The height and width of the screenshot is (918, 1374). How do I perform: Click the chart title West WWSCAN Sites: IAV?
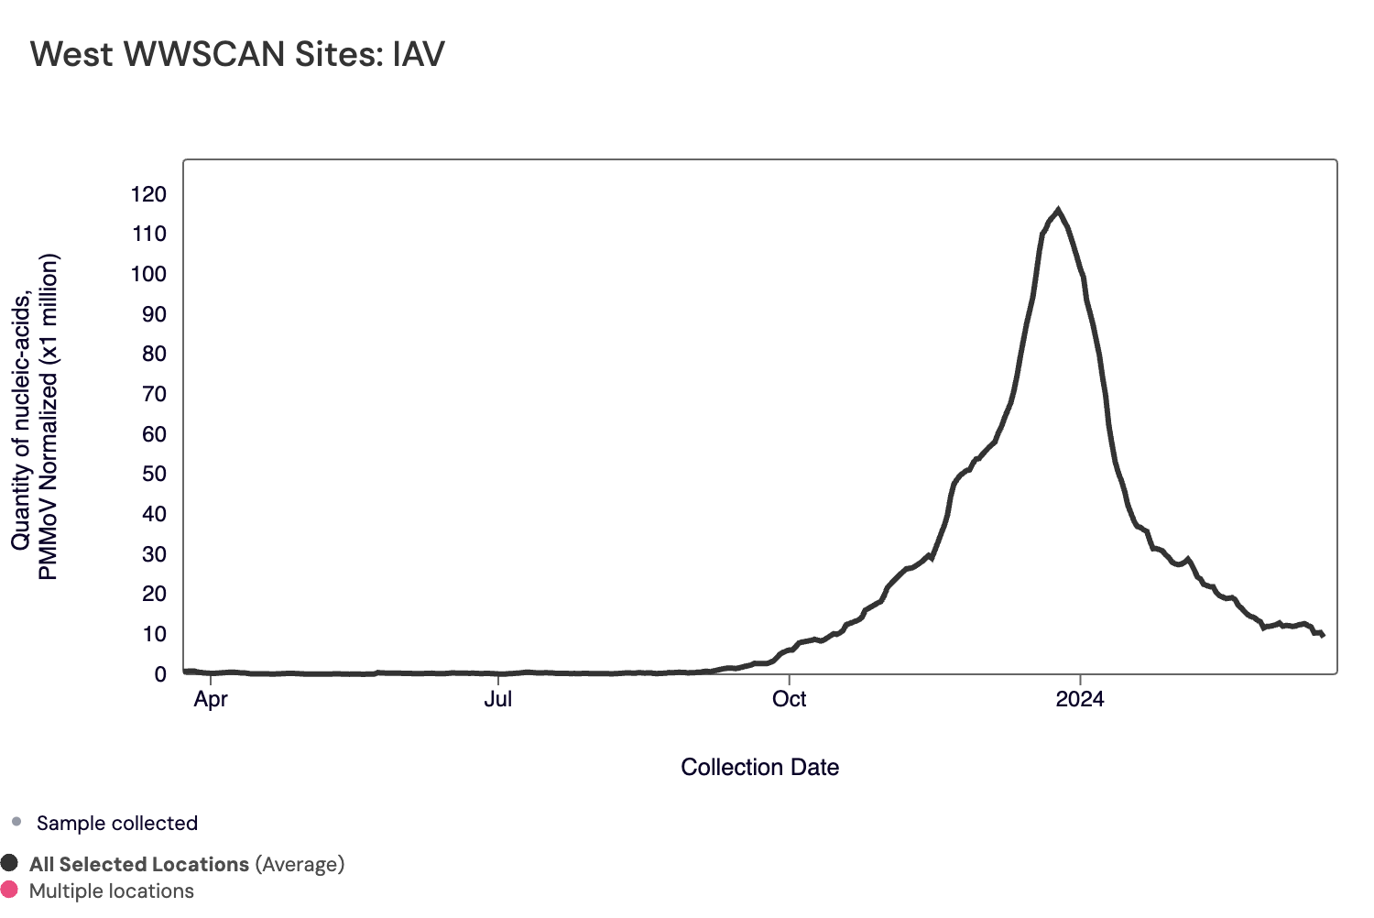click(237, 54)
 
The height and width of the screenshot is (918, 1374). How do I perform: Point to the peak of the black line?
click(1058, 210)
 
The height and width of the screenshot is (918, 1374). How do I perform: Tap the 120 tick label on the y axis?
click(148, 194)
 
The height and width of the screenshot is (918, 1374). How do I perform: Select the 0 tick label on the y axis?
click(160, 674)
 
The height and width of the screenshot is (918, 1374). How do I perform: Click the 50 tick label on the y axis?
click(154, 474)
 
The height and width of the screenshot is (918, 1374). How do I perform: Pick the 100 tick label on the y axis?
click(148, 274)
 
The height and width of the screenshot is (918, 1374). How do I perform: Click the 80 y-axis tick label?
click(154, 354)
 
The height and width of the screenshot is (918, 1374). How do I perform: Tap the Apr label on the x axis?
click(211, 699)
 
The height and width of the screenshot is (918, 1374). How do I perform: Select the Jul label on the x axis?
click(497, 699)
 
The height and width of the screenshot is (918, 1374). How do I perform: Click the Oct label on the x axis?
click(789, 699)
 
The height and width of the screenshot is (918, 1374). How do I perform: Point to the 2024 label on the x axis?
click(1080, 699)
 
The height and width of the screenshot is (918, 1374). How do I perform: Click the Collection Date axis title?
click(759, 768)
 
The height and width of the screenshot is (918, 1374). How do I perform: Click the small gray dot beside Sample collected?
click(16, 822)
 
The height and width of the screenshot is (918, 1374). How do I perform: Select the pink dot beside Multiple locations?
click(10, 890)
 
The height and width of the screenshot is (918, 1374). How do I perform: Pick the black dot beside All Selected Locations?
click(10, 863)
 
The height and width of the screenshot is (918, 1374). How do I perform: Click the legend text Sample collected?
click(117, 823)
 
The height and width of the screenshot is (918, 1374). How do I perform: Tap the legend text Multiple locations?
click(112, 891)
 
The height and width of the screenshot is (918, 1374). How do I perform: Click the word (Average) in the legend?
click(300, 864)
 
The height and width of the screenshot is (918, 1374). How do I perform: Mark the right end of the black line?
click(1323, 635)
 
